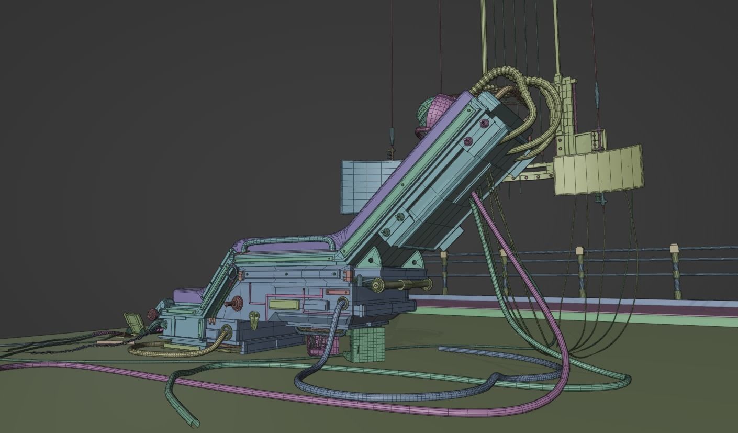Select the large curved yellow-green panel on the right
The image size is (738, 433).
599,170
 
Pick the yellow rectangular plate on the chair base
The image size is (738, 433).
284,305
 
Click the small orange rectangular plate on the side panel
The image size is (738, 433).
337,292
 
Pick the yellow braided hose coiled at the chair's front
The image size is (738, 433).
173,350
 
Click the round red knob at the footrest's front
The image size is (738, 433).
153,314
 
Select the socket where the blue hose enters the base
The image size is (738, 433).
343,303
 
